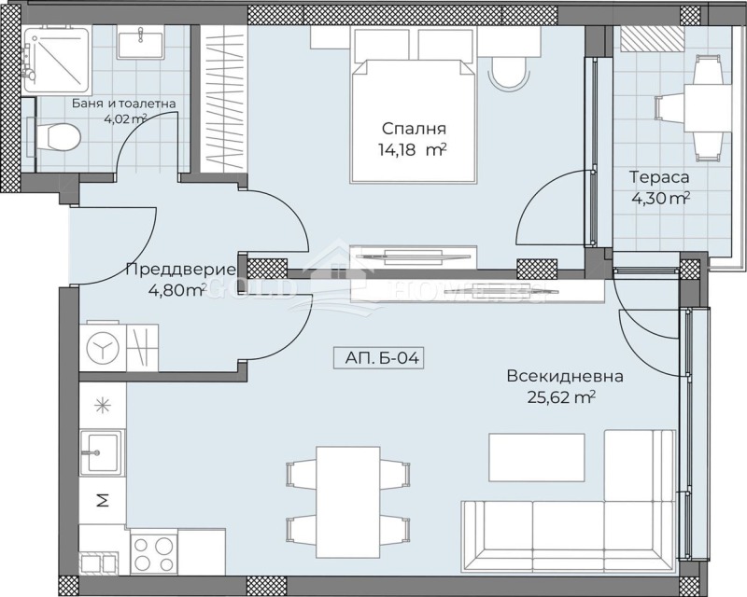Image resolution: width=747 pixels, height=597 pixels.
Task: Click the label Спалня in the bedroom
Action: point(412,129)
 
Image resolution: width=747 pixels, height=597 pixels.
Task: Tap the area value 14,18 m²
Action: point(412,150)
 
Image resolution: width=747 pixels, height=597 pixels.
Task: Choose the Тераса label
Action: point(659,177)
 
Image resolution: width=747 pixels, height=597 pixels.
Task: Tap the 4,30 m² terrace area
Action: point(659,198)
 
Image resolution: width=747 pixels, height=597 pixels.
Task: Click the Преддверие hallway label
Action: point(166,271)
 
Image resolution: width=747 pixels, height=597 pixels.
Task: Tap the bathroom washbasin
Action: point(141,44)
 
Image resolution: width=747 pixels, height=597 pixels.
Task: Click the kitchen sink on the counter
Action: point(99,454)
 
